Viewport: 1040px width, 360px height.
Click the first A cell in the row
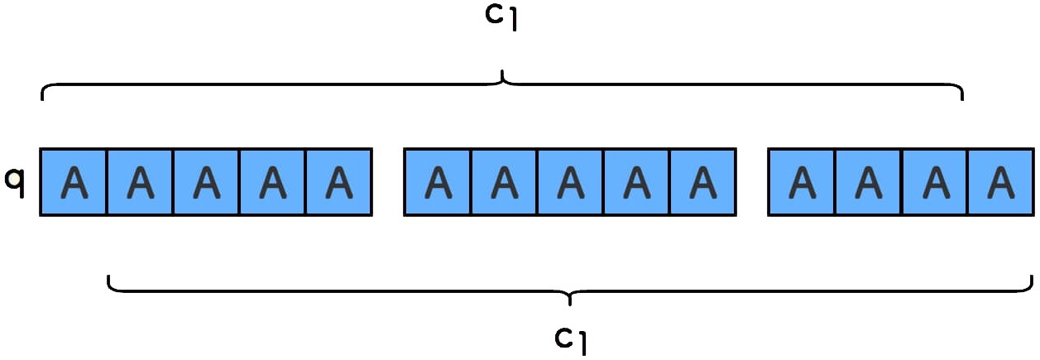74,182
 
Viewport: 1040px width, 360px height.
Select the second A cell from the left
140,182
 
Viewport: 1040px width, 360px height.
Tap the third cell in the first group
206,182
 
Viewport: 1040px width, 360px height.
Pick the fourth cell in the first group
272,182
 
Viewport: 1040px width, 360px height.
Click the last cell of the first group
338,182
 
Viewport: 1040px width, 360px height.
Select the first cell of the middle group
438,182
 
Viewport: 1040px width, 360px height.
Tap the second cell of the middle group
504,182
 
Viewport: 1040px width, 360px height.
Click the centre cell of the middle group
570,182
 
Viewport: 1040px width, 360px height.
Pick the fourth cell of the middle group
636,182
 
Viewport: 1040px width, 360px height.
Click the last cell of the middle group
702,182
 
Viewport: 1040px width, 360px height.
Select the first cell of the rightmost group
802,182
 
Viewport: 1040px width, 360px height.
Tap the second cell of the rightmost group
868,182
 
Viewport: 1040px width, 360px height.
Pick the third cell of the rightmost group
934,182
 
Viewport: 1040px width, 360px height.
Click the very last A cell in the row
1000,182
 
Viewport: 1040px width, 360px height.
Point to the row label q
15,180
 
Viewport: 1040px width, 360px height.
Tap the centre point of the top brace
502,79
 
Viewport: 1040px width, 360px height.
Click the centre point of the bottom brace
570,296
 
